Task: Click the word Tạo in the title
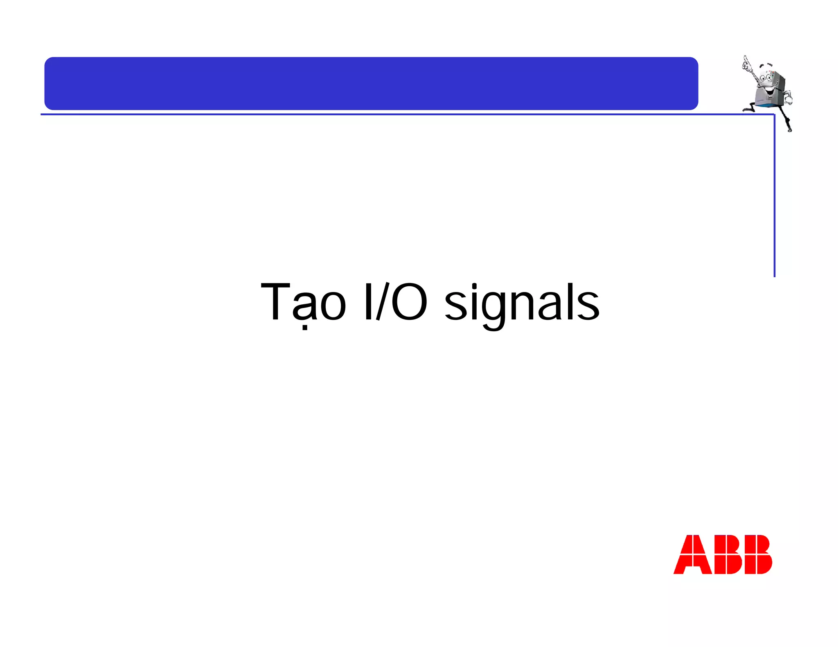[x=303, y=303]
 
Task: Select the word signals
[x=522, y=305]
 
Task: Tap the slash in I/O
[x=382, y=301]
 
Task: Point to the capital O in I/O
[x=409, y=302]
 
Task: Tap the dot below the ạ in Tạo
[x=304, y=327]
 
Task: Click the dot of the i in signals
[x=474, y=285]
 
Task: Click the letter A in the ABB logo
[x=692, y=554]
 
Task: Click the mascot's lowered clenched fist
[x=788, y=98]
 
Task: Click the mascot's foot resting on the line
[x=747, y=110]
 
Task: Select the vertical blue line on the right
[x=774, y=196]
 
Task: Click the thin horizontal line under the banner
[x=368, y=115]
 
